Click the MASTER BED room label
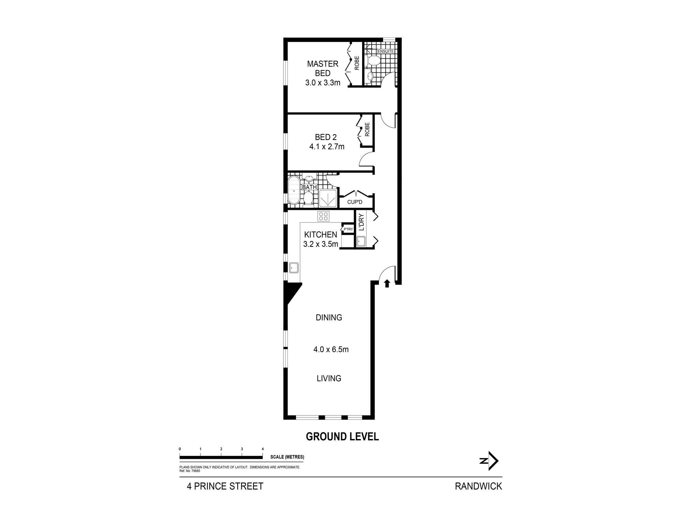pyautogui.click(x=323, y=68)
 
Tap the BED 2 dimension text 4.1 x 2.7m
pyautogui.click(x=327, y=147)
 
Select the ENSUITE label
pyautogui.click(x=386, y=52)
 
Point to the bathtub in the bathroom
pyautogui.click(x=294, y=190)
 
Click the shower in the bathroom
pyautogui.click(x=328, y=199)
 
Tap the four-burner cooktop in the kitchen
pyautogui.click(x=323, y=216)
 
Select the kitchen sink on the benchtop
pyautogui.click(x=294, y=268)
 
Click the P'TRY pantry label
pyautogui.click(x=348, y=229)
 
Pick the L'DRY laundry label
pyautogui.click(x=362, y=222)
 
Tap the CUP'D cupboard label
pyautogui.click(x=355, y=202)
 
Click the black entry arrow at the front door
pyautogui.click(x=387, y=283)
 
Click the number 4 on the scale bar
pyautogui.click(x=262, y=449)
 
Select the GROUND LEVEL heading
pyautogui.click(x=342, y=437)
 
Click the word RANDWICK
pyautogui.click(x=478, y=486)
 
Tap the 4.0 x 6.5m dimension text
pyautogui.click(x=331, y=350)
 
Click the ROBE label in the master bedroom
pyautogui.click(x=357, y=63)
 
